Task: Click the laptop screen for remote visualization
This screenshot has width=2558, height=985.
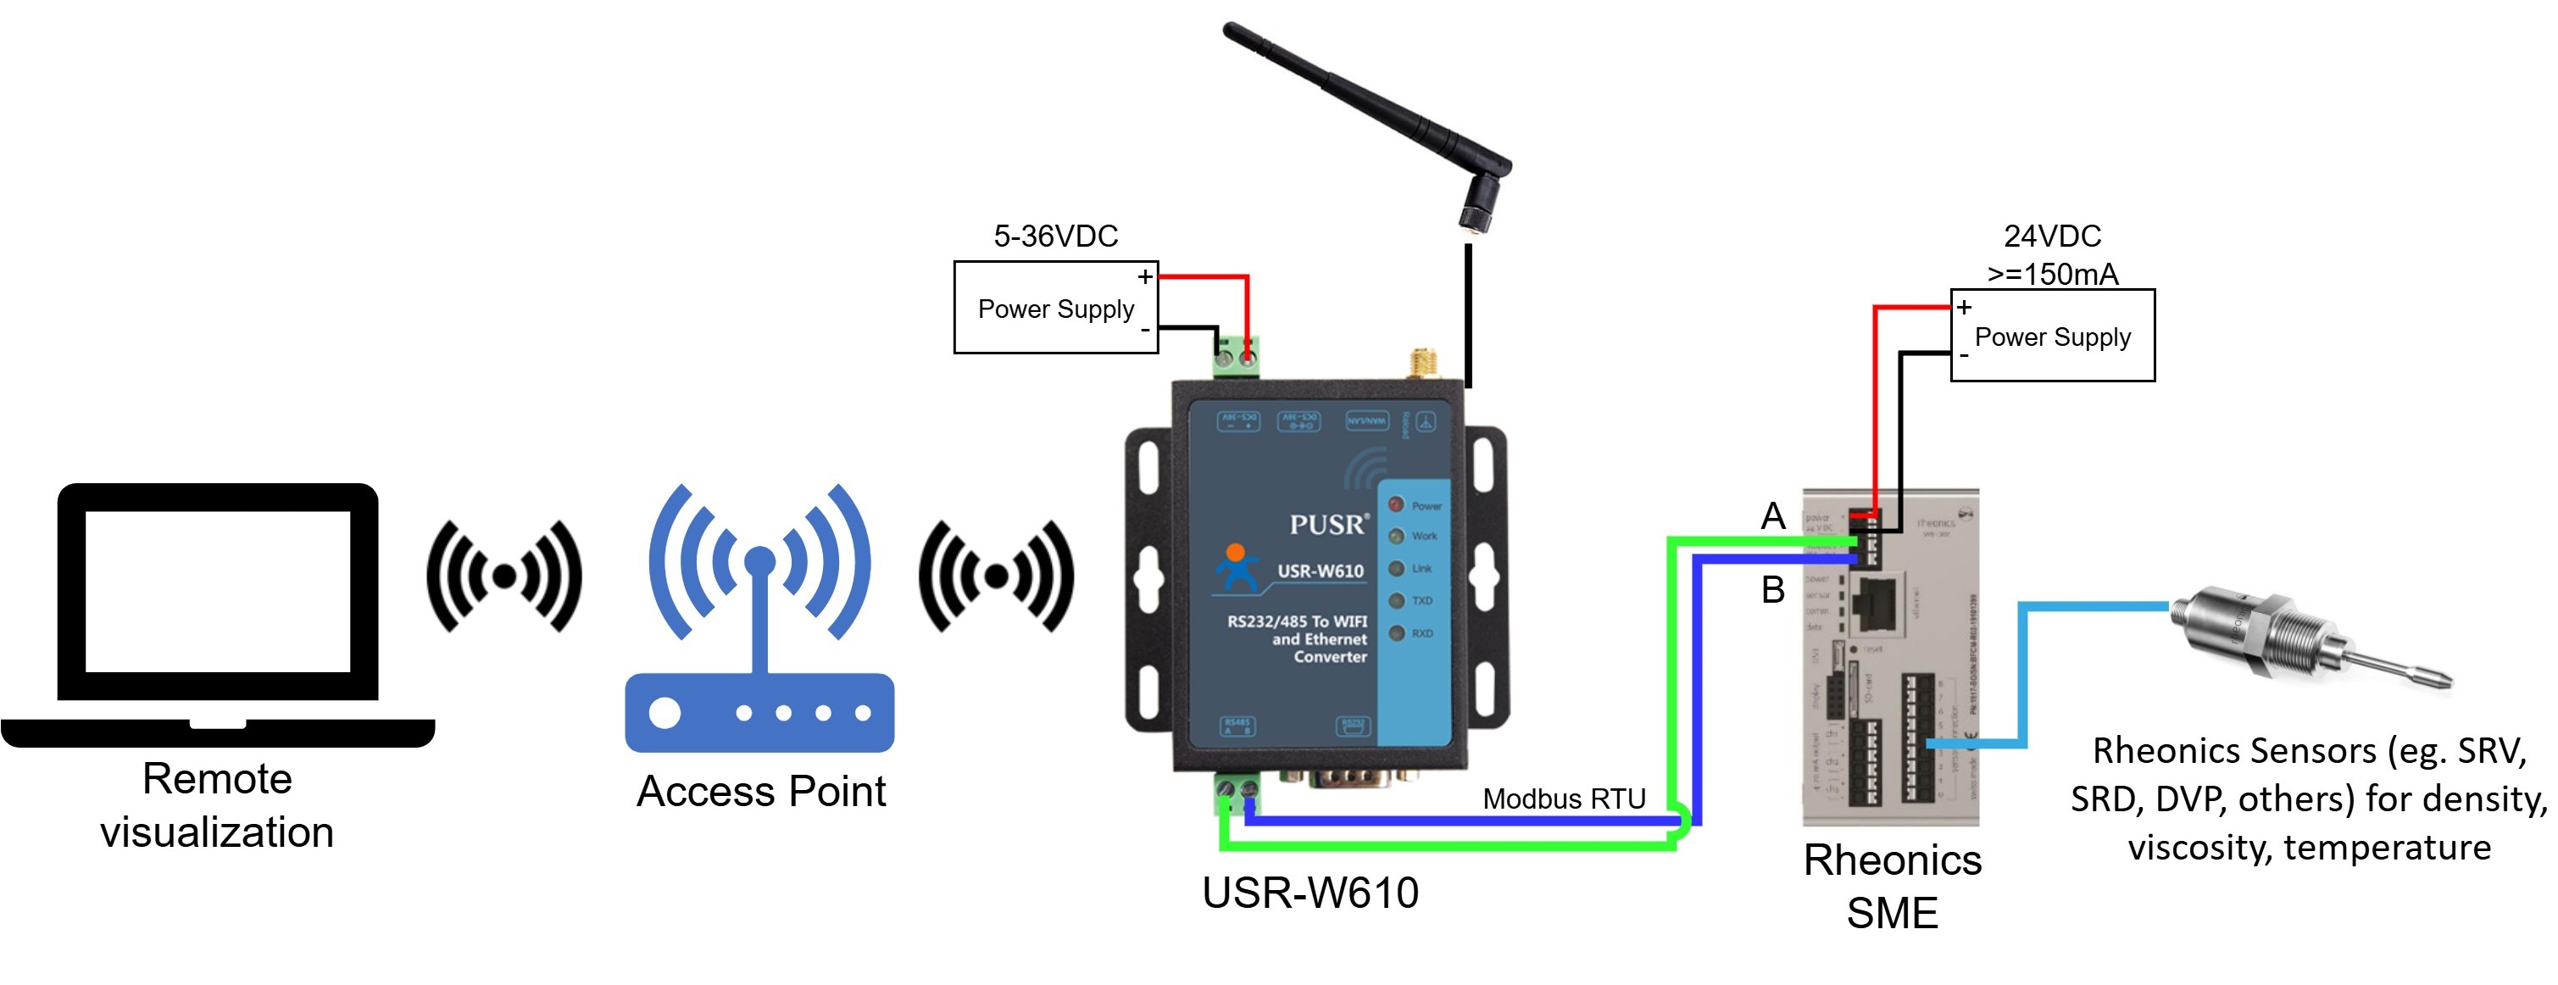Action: coord(218,591)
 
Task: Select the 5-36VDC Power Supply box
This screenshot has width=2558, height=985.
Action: coord(1055,308)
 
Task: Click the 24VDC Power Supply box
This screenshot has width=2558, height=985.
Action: coord(2053,336)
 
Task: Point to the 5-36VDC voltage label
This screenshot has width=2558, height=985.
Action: coord(1055,237)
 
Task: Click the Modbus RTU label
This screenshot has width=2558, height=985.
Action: coord(1564,799)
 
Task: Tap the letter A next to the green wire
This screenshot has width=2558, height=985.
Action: coord(1772,516)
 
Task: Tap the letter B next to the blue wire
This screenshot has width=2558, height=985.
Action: coord(1772,590)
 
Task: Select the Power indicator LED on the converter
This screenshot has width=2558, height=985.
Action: coord(1396,505)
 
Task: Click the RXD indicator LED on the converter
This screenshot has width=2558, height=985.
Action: coord(1396,633)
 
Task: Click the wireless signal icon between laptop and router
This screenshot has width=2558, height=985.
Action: coord(504,576)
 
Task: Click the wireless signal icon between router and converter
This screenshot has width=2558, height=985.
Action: coord(996,576)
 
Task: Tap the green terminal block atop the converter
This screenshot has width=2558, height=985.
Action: coord(1235,357)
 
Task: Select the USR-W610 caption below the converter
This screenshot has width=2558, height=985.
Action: coord(1310,893)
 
